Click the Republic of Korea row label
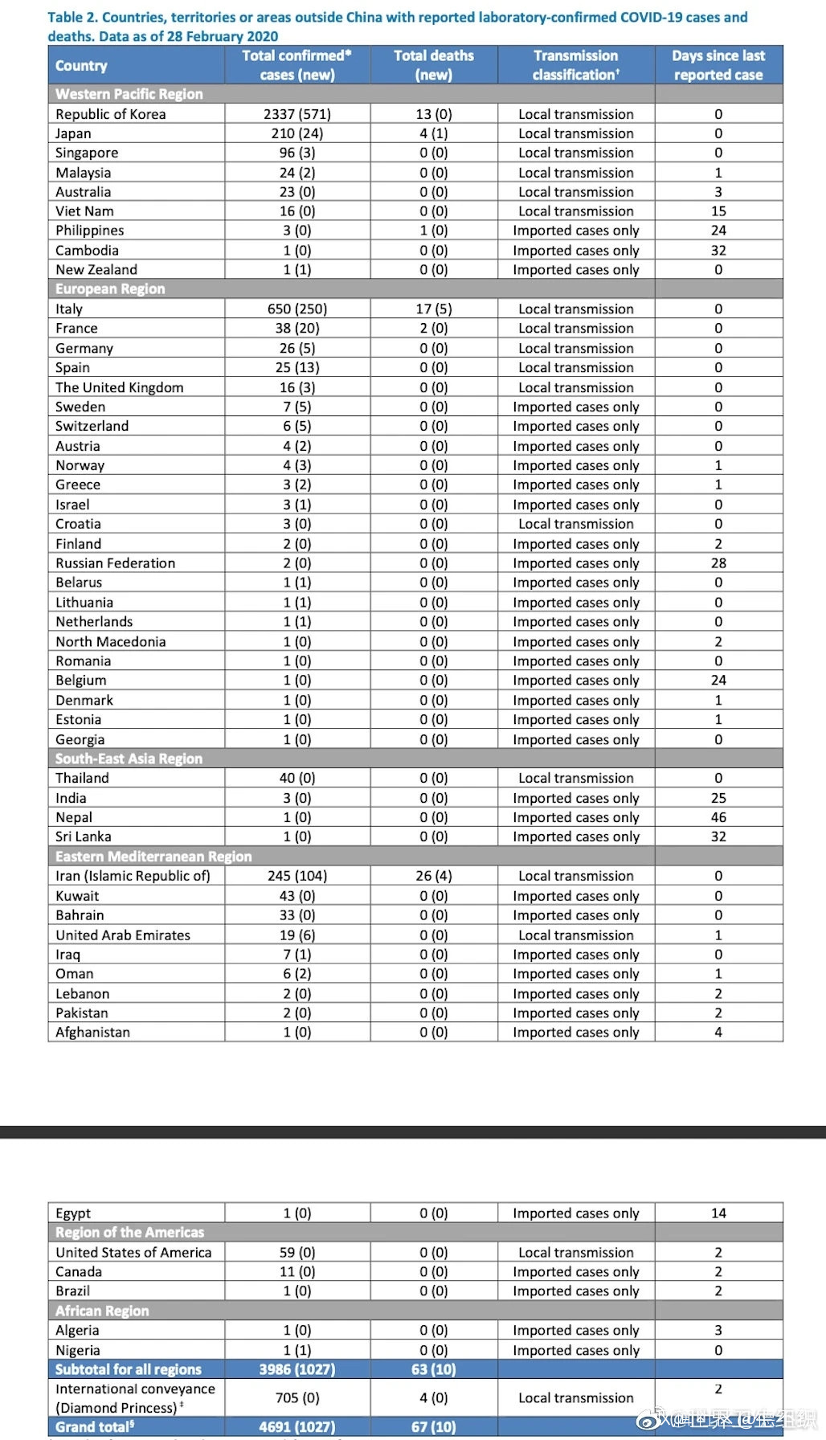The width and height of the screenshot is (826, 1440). click(x=111, y=114)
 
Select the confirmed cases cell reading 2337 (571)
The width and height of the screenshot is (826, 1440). click(x=297, y=114)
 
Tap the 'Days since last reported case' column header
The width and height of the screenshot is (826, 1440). click(x=718, y=65)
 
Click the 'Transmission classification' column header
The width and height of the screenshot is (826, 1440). click(x=576, y=65)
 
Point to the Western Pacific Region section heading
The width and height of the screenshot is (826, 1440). click(x=129, y=94)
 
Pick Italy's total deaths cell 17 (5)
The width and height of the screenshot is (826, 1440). click(x=434, y=309)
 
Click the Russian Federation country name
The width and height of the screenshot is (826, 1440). click(x=116, y=563)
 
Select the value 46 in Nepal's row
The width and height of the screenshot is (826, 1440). click(x=718, y=817)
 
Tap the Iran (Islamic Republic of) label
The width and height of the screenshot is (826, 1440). click(x=133, y=876)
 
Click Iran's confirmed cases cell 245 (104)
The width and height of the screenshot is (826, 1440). click(x=297, y=876)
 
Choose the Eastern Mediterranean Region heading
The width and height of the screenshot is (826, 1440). click(x=153, y=857)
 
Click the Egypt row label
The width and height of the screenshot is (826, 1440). click(x=73, y=1213)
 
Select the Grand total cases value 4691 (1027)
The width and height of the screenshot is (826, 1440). click(x=297, y=1427)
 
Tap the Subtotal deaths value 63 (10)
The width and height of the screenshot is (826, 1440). click(x=434, y=1369)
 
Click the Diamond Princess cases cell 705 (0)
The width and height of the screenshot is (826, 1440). click(x=297, y=1398)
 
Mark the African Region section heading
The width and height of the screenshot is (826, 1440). click(x=102, y=1311)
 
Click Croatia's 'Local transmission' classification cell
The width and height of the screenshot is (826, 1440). click(x=576, y=524)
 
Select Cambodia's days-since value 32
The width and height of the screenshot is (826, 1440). click(x=718, y=250)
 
